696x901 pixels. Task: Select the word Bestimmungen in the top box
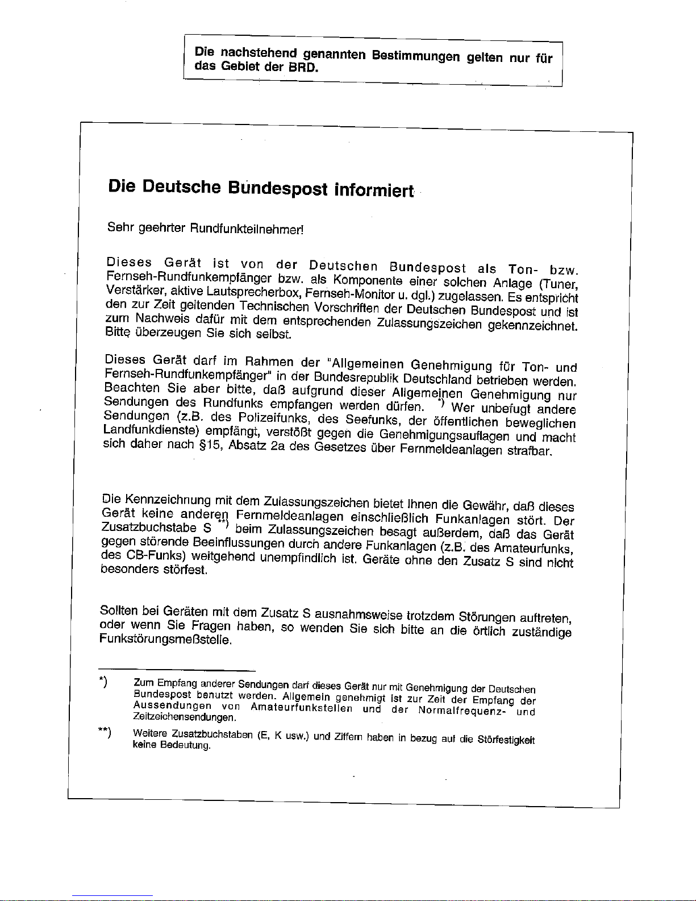pyautogui.click(x=415, y=56)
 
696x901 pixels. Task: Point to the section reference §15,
pyautogui.click(x=210, y=445)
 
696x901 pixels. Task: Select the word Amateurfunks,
pyautogui.click(x=533, y=549)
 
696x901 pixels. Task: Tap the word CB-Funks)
pyautogui.click(x=154, y=555)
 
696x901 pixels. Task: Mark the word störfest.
pyautogui.click(x=184, y=570)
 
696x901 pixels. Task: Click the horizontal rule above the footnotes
pyautogui.click(x=177, y=671)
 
